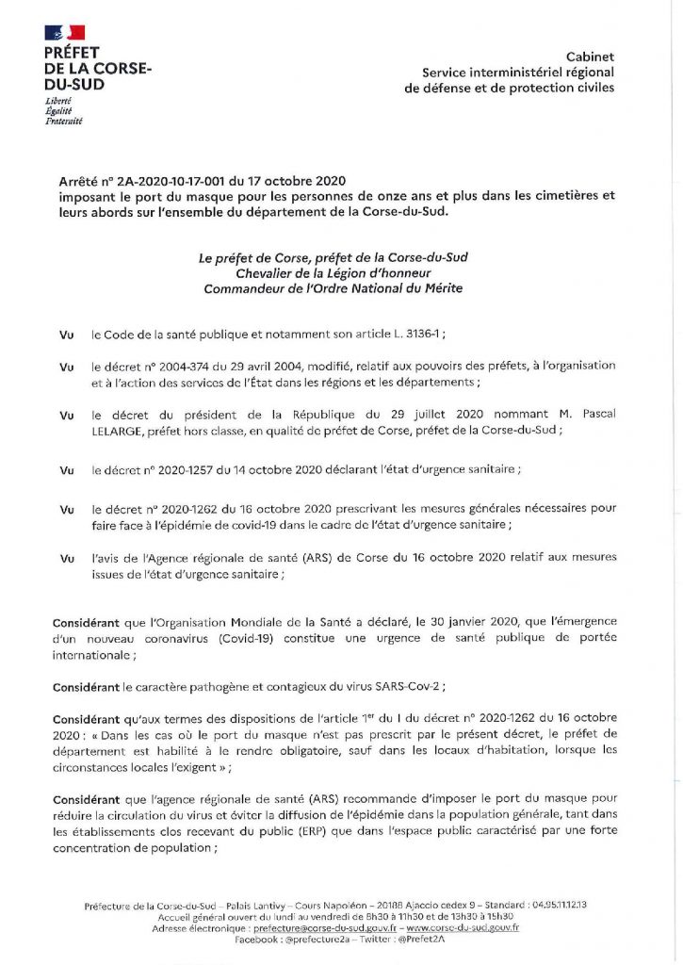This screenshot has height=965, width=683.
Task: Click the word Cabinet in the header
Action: coord(590,57)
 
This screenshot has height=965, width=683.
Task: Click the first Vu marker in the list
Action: coord(66,335)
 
